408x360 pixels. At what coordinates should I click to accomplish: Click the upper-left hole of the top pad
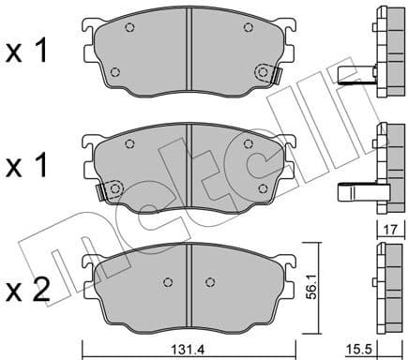pos(130,27)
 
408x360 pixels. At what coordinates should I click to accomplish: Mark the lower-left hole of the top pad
pos(114,72)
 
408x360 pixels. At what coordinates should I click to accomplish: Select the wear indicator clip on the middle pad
pos(103,191)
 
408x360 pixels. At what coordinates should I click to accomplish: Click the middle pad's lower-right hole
pos(264,188)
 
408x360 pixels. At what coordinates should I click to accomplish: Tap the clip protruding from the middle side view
pos(355,191)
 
